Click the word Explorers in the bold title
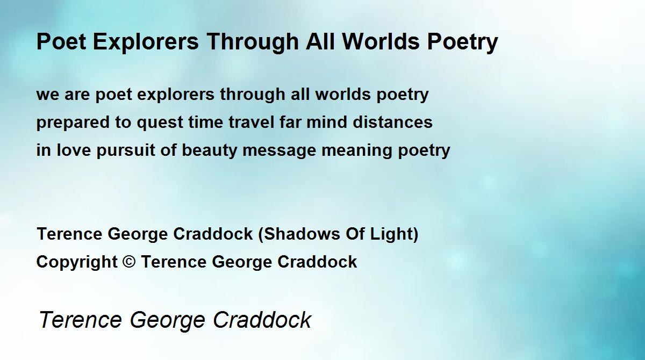[x=146, y=42]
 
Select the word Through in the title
[x=253, y=42]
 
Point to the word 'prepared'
[x=73, y=123]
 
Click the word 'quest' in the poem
[x=160, y=123]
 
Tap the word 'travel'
[x=252, y=122]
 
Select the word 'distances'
[x=392, y=122]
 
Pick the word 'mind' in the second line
[x=327, y=122]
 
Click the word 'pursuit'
[x=126, y=151]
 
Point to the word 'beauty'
[x=209, y=151]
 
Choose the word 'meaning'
[x=357, y=151]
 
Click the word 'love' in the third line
[x=74, y=150]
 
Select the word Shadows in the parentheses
[x=302, y=234]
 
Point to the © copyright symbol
[x=129, y=262]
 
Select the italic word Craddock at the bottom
[x=262, y=320]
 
